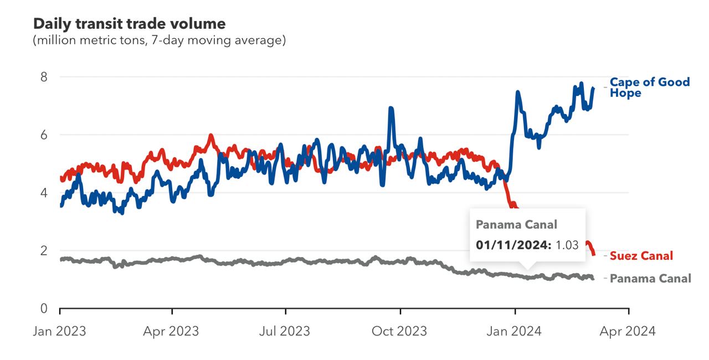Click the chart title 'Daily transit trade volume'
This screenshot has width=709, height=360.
[130, 24]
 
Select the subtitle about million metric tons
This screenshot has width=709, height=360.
[160, 40]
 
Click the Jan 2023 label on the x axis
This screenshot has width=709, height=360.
[59, 331]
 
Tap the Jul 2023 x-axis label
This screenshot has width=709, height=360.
[285, 331]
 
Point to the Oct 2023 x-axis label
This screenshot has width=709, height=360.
[399, 331]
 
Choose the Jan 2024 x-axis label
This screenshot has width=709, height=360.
[515, 331]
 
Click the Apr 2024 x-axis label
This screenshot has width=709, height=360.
[628, 331]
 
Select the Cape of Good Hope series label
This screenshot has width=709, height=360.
[649, 88]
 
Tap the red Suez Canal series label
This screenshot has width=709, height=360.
[641, 256]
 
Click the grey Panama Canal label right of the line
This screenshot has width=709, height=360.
[650, 279]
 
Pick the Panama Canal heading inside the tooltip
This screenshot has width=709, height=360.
[516, 224]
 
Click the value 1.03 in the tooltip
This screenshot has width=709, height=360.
[567, 244]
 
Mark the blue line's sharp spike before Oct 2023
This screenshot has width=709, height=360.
[391, 109]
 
